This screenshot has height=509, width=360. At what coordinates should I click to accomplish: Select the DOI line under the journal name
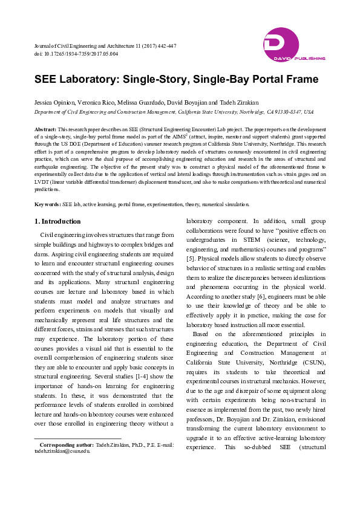(x=76, y=54)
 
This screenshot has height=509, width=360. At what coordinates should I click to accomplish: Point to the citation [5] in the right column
(x=190, y=258)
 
